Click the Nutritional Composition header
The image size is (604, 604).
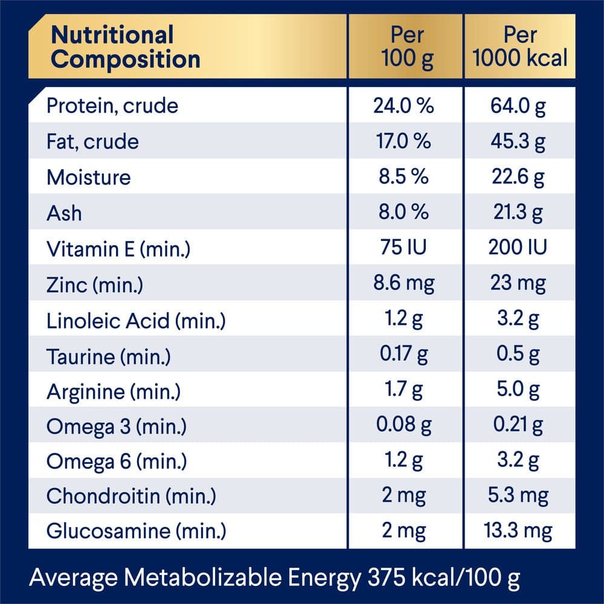[x=126, y=47]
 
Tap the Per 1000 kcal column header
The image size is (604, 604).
[x=520, y=47]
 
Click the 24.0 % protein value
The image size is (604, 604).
[x=403, y=106]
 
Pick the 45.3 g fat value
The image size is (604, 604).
[x=519, y=142]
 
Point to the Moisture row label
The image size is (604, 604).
[x=88, y=178]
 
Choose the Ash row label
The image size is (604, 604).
[x=64, y=213]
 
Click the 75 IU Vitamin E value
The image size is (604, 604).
[x=403, y=248]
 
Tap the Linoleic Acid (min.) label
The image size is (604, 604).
[x=136, y=320]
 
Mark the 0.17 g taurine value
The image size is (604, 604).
[x=403, y=355]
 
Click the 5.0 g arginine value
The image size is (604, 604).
[x=519, y=391]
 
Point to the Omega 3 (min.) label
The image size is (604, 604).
[x=117, y=427]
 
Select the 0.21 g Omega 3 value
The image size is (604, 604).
[x=519, y=426]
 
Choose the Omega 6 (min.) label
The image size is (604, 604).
[x=117, y=463]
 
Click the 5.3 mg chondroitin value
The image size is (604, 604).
[x=519, y=497]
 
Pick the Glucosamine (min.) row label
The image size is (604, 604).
[x=137, y=532]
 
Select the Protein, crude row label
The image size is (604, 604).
[x=112, y=106]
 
